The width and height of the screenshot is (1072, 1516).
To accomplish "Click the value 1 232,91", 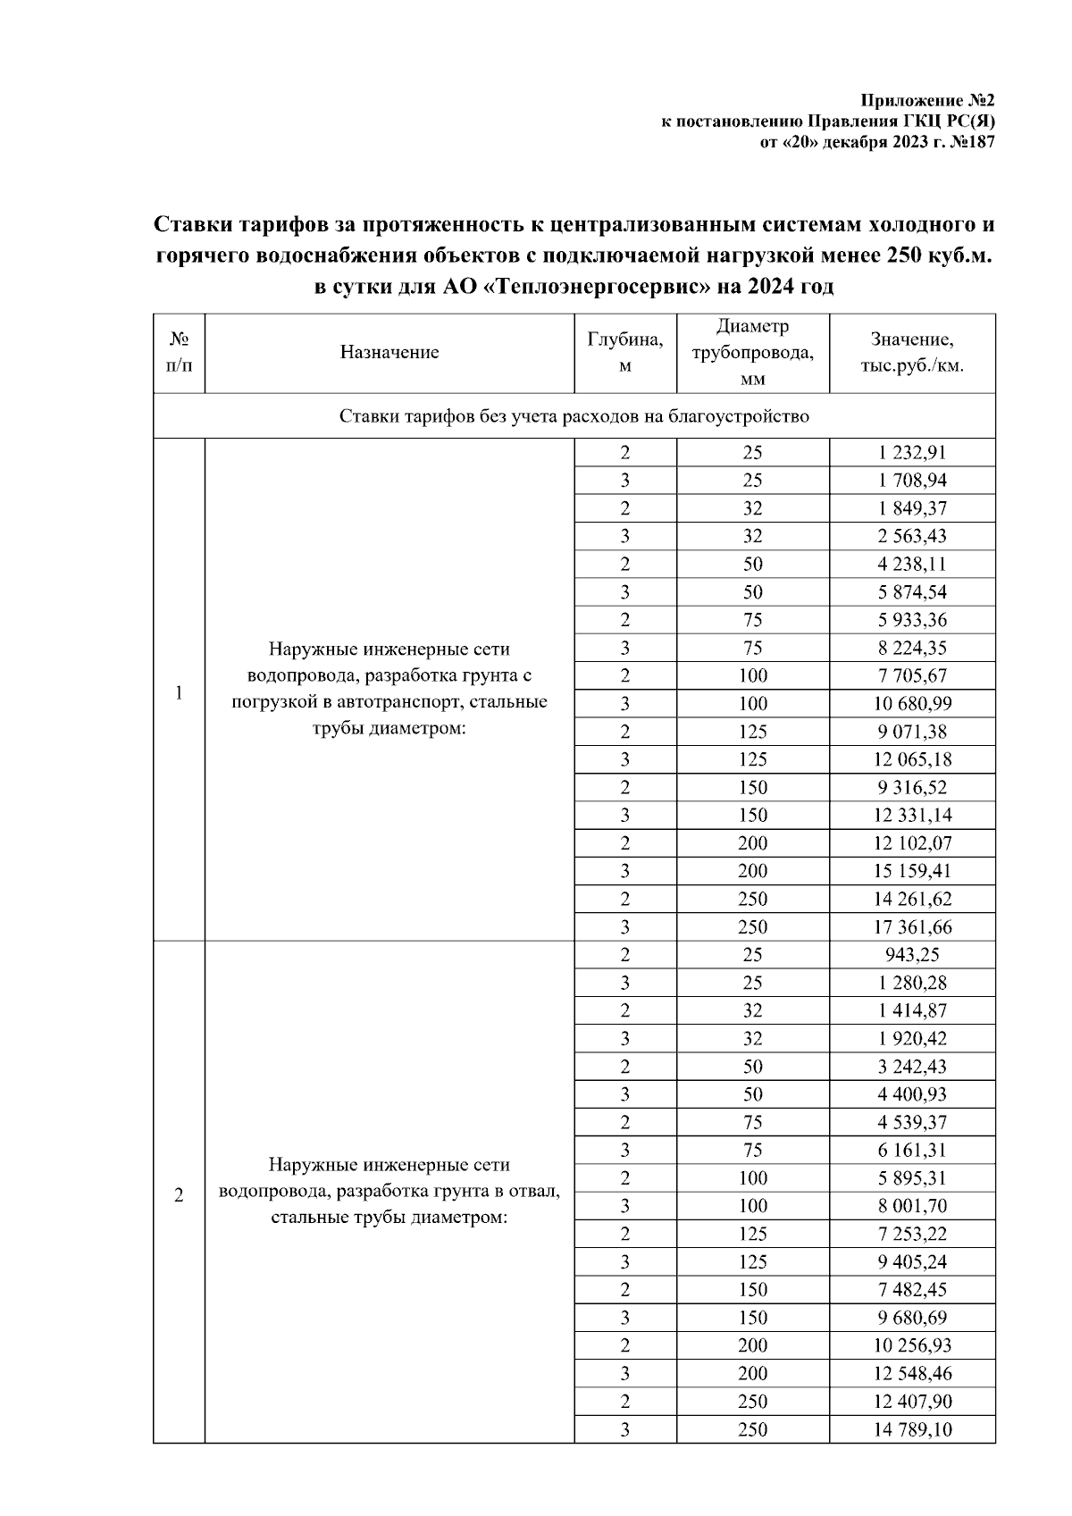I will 912,452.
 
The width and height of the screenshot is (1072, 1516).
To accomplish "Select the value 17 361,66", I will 912,926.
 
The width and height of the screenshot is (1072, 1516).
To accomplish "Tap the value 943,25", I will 912,954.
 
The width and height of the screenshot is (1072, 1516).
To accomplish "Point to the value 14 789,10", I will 912,1429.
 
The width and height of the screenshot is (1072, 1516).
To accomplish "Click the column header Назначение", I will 389,352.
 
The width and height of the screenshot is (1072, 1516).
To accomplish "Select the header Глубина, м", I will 625,352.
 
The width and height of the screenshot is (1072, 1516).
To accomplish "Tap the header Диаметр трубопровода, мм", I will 752,352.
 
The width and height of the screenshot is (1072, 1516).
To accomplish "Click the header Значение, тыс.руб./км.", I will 912,352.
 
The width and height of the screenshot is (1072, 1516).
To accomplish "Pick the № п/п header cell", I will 179,352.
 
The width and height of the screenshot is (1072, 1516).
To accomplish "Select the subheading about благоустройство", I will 574,416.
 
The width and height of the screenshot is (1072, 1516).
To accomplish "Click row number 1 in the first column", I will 179,692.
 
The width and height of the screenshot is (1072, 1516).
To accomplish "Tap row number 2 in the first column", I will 179,1195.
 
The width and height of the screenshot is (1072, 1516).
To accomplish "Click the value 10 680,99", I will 912,703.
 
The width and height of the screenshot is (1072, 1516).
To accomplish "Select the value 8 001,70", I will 912,1206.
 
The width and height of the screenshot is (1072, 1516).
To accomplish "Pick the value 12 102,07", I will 912,842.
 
